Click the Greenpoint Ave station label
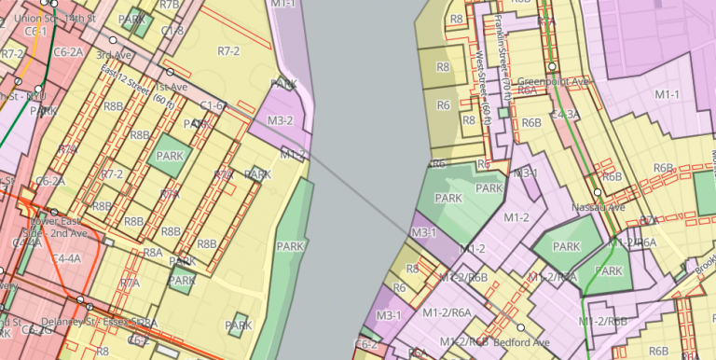click(556, 81)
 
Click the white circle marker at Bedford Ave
click(521, 328)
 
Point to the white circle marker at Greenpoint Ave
click(552, 67)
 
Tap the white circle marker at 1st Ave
click(170, 72)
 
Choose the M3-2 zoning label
click(280, 121)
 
